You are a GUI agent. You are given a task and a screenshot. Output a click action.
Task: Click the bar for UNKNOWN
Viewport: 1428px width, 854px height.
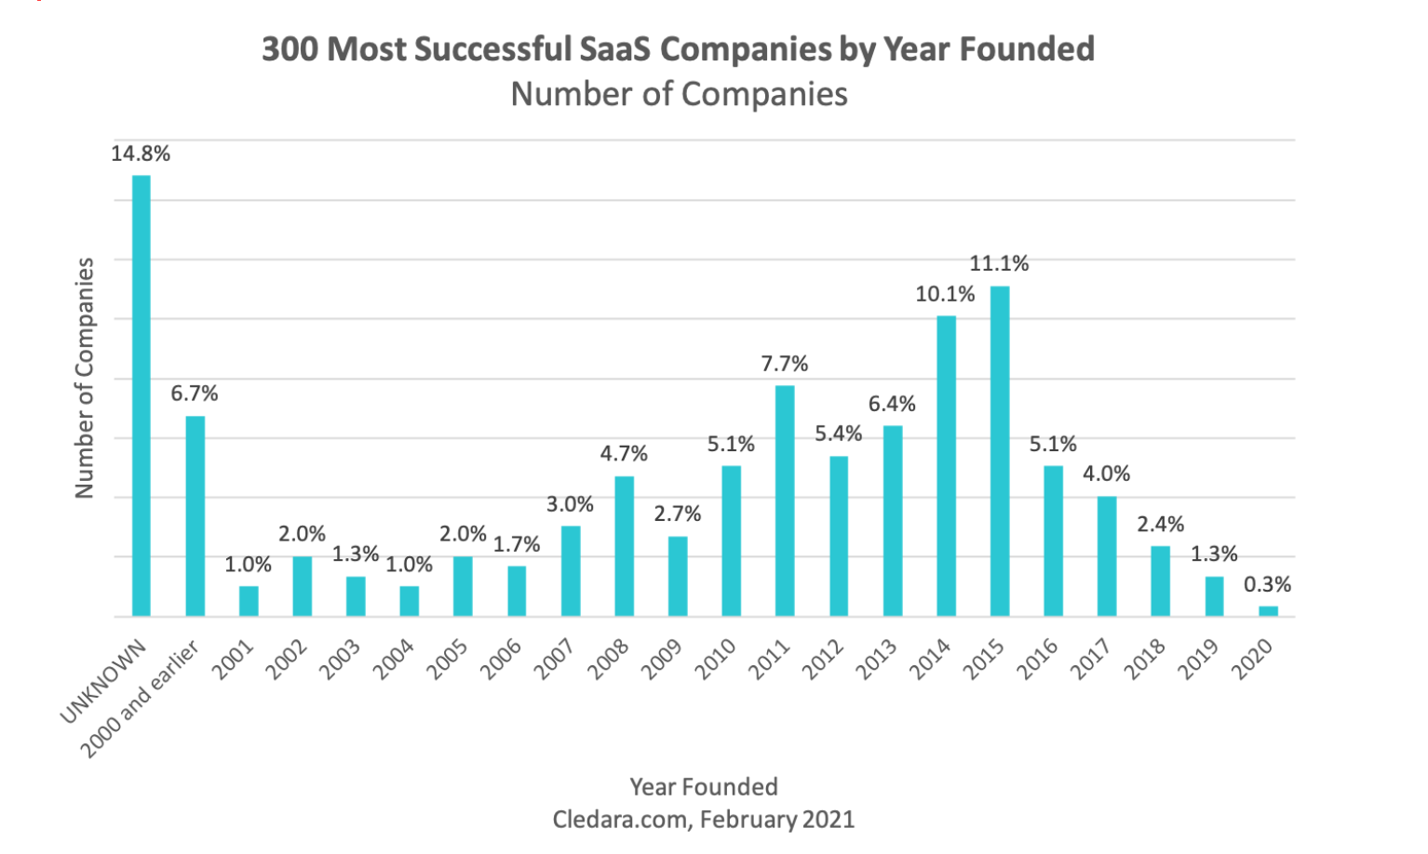click(141, 395)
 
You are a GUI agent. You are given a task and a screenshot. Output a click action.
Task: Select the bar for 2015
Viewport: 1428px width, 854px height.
click(1000, 451)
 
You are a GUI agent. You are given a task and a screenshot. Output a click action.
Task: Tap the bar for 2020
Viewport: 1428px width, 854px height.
click(1268, 611)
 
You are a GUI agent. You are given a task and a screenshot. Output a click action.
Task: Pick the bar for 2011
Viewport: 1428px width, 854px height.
click(785, 500)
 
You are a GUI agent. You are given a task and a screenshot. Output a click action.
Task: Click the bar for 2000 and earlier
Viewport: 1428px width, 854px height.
click(195, 515)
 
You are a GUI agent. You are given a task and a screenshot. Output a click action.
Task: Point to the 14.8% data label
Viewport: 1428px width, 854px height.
click(141, 154)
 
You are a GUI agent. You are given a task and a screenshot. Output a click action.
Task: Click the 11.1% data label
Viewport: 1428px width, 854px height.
click(999, 264)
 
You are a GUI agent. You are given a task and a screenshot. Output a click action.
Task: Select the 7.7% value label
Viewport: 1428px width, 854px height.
click(785, 364)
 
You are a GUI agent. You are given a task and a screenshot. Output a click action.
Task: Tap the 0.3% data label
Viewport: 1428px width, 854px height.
click(1267, 585)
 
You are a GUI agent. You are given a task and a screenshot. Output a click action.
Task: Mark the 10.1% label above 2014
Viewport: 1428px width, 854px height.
click(945, 295)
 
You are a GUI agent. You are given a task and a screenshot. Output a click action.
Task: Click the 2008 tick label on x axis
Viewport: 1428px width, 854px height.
click(610, 660)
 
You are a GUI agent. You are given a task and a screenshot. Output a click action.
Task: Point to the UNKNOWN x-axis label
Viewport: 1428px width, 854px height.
click(104, 681)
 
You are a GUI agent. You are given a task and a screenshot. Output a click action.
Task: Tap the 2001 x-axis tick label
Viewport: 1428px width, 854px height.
click(234, 660)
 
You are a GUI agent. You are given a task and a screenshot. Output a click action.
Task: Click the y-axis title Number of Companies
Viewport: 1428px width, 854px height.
click(85, 378)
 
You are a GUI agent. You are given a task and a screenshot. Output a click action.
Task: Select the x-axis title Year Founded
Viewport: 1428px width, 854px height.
click(704, 787)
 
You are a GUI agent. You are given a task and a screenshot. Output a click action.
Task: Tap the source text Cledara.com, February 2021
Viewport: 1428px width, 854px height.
click(704, 820)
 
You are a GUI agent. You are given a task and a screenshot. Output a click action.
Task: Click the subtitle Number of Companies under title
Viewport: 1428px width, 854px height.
click(679, 94)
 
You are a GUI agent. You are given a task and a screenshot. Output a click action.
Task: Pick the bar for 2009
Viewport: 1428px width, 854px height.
click(678, 576)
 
